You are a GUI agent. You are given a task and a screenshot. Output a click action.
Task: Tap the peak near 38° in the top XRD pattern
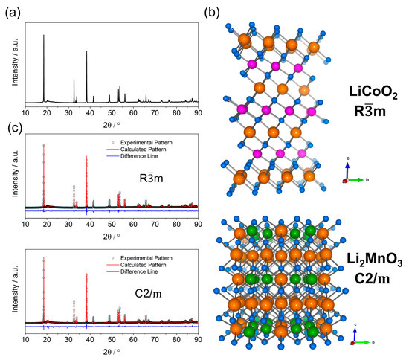[86, 52]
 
